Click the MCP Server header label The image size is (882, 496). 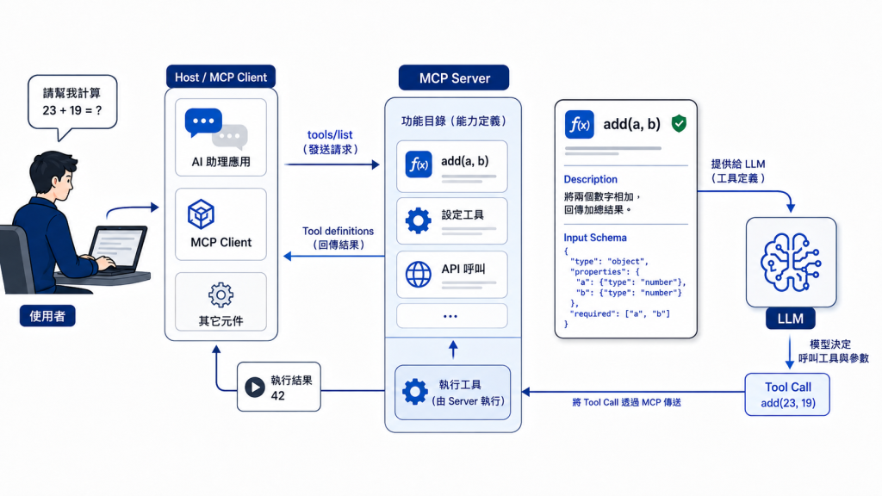[x=454, y=77]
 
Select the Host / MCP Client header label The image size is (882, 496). [x=220, y=77]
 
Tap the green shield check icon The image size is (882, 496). [x=679, y=124]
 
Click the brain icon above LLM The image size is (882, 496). [x=791, y=262]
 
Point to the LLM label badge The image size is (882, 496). [x=791, y=319]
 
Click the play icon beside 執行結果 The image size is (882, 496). [x=255, y=387]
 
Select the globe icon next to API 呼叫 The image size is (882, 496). [x=419, y=275]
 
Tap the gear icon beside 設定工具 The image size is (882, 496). [x=419, y=220]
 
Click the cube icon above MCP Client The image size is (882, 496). [x=201, y=214]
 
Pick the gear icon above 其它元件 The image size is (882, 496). [x=220, y=294]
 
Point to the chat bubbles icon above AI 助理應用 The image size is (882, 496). [x=216, y=130]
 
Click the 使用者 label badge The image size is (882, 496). [x=47, y=316]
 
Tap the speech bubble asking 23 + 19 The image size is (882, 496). [x=72, y=103]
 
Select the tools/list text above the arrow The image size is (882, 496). [x=330, y=135]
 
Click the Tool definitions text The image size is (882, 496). [x=338, y=231]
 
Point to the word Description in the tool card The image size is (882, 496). [x=591, y=179]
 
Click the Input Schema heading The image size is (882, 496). [x=595, y=238]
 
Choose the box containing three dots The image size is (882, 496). [x=451, y=316]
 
